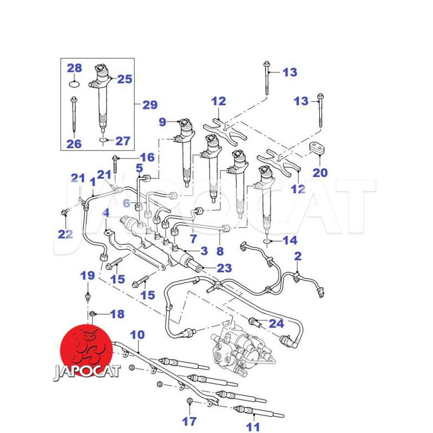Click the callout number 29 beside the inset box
(150, 105)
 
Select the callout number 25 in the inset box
(125, 79)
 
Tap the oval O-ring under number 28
(74, 84)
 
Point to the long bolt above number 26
(74, 114)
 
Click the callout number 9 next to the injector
(163, 122)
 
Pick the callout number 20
(320, 173)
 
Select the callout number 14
(290, 240)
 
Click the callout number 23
(224, 268)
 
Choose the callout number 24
(277, 323)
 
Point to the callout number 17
(189, 422)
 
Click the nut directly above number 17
(189, 401)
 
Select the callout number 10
(137, 335)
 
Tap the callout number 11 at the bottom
(253, 427)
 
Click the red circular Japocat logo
(87, 351)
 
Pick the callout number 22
(65, 234)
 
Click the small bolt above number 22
(65, 212)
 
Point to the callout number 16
(147, 158)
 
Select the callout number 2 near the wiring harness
(298, 256)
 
